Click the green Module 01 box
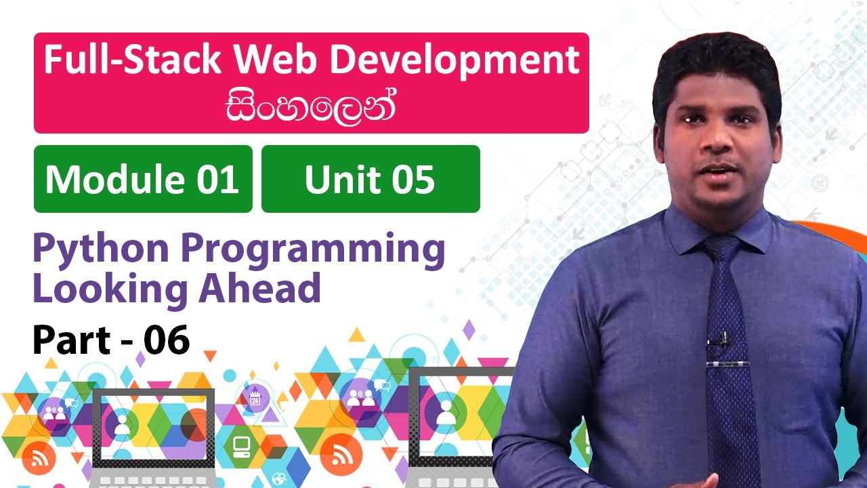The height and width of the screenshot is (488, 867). click(x=143, y=179)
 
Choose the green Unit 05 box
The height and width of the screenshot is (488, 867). click(x=371, y=179)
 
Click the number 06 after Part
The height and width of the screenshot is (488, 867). click(x=166, y=340)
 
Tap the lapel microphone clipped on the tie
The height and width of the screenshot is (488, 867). click(x=721, y=339)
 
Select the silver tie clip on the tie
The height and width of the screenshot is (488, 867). click(x=727, y=365)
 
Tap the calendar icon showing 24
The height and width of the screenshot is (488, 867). click(x=255, y=399)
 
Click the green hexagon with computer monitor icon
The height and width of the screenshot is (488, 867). click(x=241, y=445)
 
